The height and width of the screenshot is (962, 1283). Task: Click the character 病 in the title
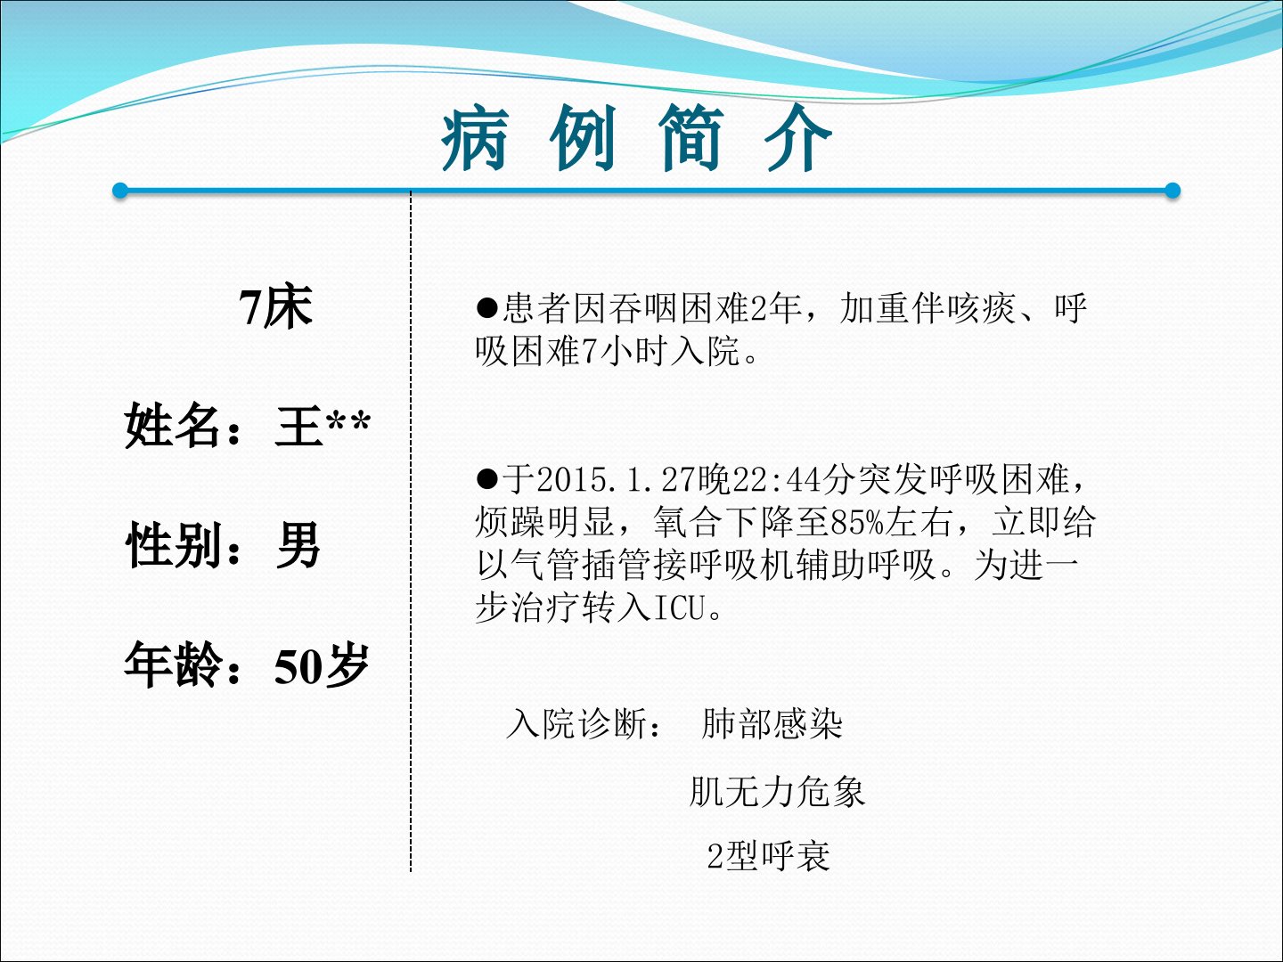coord(475,138)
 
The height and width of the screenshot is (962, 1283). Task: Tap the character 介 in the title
coord(798,138)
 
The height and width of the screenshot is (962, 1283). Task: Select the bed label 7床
coord(276,306)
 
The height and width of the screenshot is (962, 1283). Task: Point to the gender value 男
coord(298,544)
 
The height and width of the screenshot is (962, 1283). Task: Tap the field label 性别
coord(173,544)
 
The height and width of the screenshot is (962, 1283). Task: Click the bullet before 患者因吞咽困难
coord(486,307)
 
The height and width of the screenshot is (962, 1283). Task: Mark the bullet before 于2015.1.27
coord(486,479)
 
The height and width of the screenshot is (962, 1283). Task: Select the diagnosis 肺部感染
coord(772,724)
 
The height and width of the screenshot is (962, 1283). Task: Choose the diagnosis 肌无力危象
coord(777,792)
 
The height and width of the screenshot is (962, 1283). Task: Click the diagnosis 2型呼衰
coord(768,856)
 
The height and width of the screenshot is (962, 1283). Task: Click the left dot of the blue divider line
coord(119,191)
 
